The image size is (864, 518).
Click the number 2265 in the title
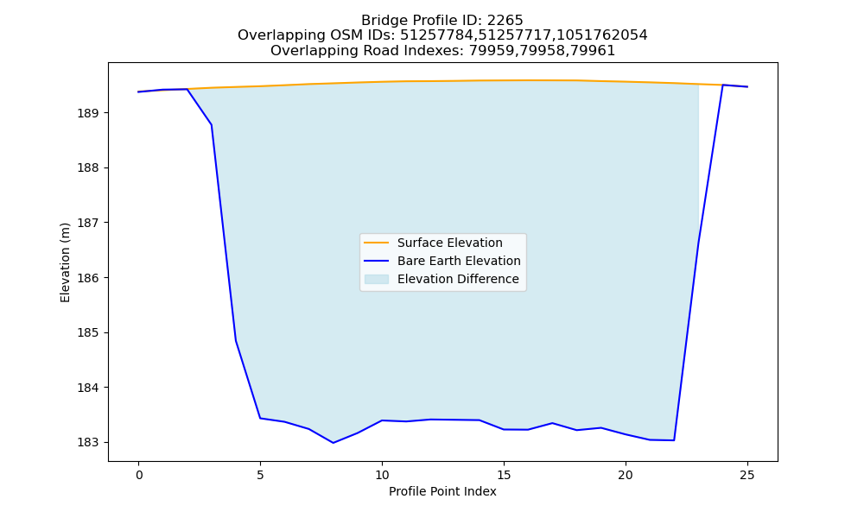point(505,21)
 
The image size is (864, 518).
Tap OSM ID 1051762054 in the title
point(601,35)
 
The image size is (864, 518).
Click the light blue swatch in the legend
point(377,279)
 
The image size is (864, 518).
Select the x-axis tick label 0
point(139,475)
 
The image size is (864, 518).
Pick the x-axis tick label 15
point(504,475)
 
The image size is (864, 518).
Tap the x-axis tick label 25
point(747,475)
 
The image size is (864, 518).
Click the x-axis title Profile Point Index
point(442,491)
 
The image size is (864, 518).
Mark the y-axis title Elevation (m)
point(65,262)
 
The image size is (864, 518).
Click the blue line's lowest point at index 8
point(334,443)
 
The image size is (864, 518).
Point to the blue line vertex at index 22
point(674,440)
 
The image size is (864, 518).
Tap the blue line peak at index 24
point(722,85)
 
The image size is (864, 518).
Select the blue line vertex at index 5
point(260,419)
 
